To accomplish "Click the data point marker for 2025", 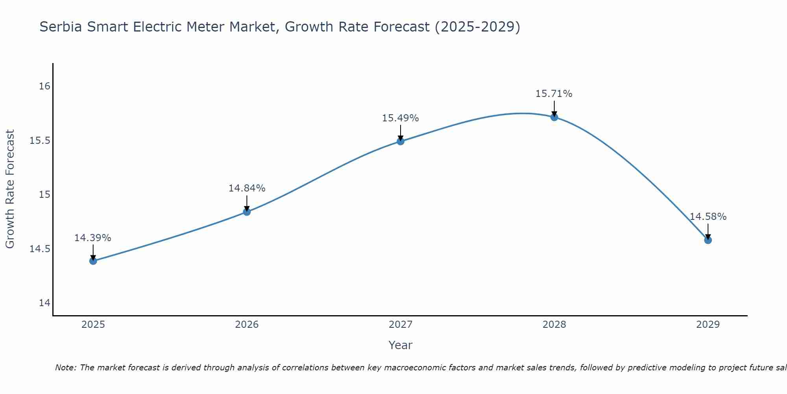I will pyautogui.click(x=93, y=261).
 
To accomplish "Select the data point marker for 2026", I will pyautogui.click(x=247, y=212).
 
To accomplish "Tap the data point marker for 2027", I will pyautogui.click(x=401, y=141).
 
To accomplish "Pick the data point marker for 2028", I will pyautogui.click(x=554, y=117).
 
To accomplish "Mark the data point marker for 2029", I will pyautogui.click(x=708, y=240).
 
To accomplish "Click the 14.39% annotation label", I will pyautogui.click(x=93, y=238).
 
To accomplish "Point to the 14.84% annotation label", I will pyautogui.click(x=247, y=188).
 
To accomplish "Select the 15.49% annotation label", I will pyautogui.click(x=401, y=118).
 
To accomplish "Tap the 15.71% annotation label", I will pyautogui.click(x=554, y=94).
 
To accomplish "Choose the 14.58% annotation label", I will pyautogui.click(x=708, y=217).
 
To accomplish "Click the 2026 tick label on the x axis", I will pyautogui.click(x=247, y=325).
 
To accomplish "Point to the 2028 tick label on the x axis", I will pyautogui.click(x=554, y=325).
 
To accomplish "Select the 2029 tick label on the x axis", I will pyautogui.click(x=708, y=325).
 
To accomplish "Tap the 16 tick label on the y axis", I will pyautogui.click(x=45, y=86).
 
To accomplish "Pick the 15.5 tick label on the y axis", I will pyautogui.click(x=40, y=141).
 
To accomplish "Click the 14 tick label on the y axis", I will pyautogui.click(x=45, y=303).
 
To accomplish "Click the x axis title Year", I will pyautogui.click(x=401, y=345).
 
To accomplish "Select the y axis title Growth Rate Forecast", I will pyautogui.click(x=10, y=189).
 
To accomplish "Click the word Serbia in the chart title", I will pyautogui.click(x=61, y=27).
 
